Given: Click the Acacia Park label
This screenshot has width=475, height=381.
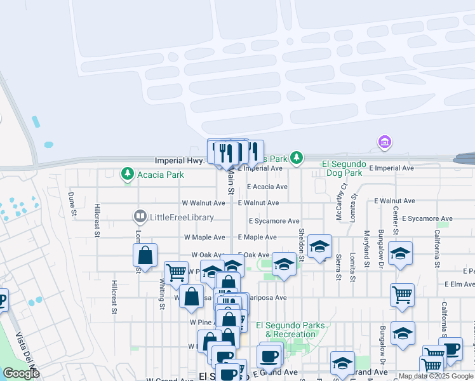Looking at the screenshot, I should point(156,173).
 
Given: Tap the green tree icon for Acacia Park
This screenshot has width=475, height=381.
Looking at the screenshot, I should point(128,173).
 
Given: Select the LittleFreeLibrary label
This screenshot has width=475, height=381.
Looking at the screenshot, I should point(181,217).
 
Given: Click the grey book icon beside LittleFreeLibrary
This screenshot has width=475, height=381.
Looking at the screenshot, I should point(140,217).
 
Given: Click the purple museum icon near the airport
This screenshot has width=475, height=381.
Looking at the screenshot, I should point(384,142).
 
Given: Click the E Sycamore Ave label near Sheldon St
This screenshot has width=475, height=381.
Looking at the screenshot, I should point(274,221).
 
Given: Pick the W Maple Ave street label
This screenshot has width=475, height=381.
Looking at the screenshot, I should point(204,237).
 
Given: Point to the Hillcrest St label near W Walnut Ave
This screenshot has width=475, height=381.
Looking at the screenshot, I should point(97,220).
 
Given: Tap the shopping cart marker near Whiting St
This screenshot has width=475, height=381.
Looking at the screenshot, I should point(176,272).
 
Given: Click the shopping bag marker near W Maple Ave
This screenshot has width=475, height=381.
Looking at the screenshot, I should point(145,255).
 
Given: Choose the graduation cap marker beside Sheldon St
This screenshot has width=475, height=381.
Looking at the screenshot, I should point(319,246).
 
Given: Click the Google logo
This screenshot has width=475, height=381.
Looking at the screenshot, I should point(21,374).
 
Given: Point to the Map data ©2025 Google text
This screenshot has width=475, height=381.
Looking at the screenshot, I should point(435,376).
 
